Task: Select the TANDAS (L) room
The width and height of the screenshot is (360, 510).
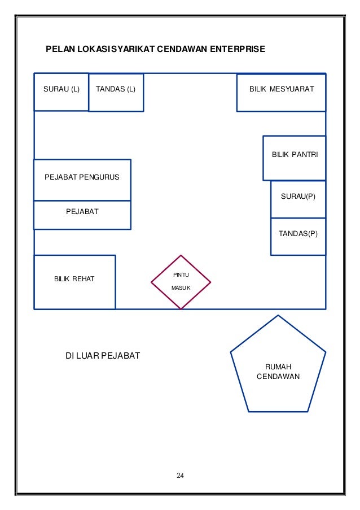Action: pyautogui.click(x=116, y=92)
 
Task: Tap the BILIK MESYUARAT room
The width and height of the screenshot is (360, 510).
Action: pyautogui.click(x=281, y=91)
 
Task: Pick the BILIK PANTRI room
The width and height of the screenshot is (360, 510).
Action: pyautogui.click(x=294, y=158)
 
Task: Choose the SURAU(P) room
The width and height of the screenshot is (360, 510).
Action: pyautogui.click(x=298, y=199)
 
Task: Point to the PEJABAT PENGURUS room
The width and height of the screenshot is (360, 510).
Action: pyautogui.click(x=82, y=180)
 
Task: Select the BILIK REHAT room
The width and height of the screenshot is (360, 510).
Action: pyautogui.click(x=74, y=282)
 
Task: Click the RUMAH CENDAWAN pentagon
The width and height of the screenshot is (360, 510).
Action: pyautogui.click(x=278, y=370)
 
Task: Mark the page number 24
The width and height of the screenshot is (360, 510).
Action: pyautogui.click(x=180, y=474)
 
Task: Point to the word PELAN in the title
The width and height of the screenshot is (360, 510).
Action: pyautogui.click(x=59, y=50)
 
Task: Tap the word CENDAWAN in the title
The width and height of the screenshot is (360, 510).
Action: pyautogui.click(x=182, y=50)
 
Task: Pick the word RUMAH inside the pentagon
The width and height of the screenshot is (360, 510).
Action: pyautogui.click(x=278, y=367)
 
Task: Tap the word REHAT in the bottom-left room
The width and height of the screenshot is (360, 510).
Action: pyautogui.click(x=83, y=279)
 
